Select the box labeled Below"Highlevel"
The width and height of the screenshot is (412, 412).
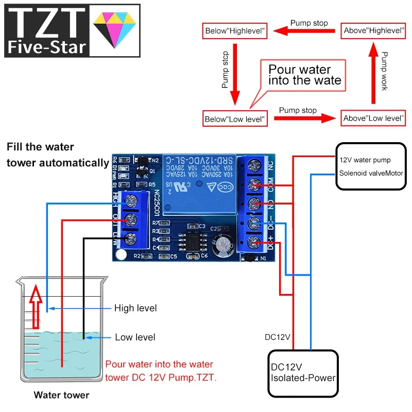pyautogui.click(x=235, y=31)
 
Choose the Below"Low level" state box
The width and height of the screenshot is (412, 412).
pyautogui.click(x=235, y=119)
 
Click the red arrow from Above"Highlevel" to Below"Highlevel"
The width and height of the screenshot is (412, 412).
pyautogui.click(x=304, y=31)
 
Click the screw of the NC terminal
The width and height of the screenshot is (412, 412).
pyautogui.click(x=253, y=166)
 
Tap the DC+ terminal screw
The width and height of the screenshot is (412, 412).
pyautogui.click(x=253, y=242)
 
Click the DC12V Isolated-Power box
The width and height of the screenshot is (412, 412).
pyautogui.click(x=303, y=373)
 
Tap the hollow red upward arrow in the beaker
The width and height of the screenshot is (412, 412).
pyautogui.click(x=36, y=307)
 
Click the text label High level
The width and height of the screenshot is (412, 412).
pyautogui.click(x=135, y=308)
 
